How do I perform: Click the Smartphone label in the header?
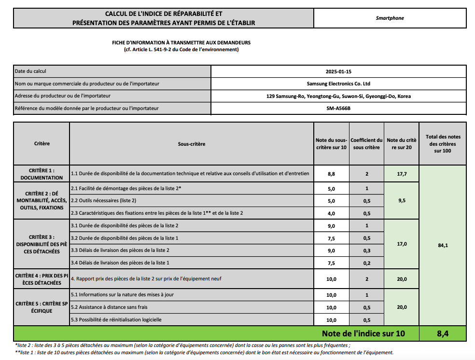coord(390,18)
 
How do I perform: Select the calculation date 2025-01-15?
coord(338,71)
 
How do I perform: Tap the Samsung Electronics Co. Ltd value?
coord(338,83)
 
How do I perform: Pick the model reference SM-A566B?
coord(338,108)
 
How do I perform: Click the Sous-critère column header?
coord(192,144)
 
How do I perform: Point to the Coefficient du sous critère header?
coord(366,144)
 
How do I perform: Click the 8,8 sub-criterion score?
coord(331,174)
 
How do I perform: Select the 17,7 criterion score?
coord(402,174)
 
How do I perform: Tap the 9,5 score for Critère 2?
coord(402,201)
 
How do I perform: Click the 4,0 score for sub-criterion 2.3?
coord(331,213)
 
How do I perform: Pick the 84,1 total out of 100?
coord(443,245)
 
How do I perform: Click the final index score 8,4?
coord(443,333)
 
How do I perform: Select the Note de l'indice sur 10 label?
coord(363,333)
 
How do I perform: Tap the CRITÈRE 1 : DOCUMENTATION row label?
coord(42,174)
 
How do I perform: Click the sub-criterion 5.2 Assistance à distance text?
coord(109,307)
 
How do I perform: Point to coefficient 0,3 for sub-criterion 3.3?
coord(367,250)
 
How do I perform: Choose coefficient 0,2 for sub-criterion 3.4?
coord(367,263)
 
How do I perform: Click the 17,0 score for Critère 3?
coord(402,244)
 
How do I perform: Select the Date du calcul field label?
coord(30,71)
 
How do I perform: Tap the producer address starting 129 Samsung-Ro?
coord(338,96)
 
